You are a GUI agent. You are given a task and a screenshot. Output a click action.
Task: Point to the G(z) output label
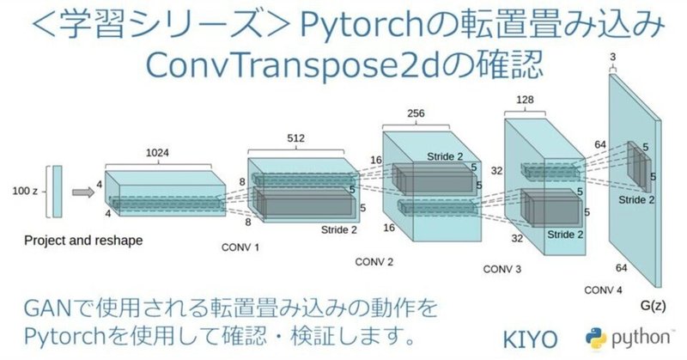pos(661,305)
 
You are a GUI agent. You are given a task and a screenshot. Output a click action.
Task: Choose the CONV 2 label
pos(373,261)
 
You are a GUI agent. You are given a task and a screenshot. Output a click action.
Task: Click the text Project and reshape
pos(83,241)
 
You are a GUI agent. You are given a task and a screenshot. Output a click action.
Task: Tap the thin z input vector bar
pos(57,191)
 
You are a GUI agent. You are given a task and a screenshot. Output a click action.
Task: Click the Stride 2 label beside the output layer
pos(636,199)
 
